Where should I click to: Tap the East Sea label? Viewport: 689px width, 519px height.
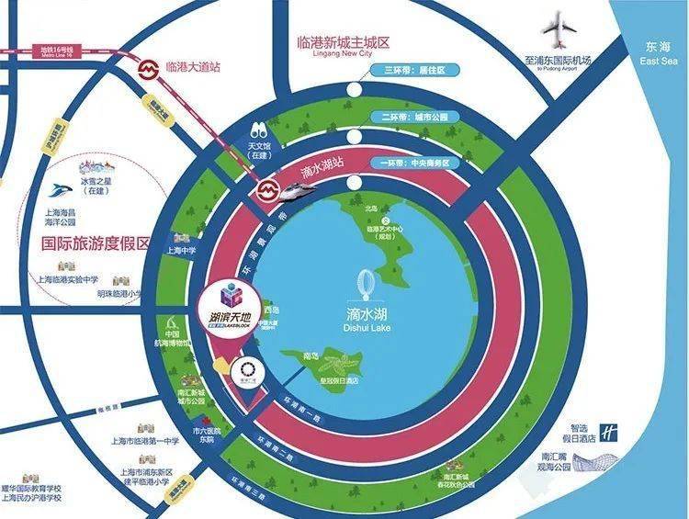[659, 52]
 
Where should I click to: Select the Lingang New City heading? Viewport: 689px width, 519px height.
[344, 50]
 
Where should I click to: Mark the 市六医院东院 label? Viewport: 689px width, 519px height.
[202, 435]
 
